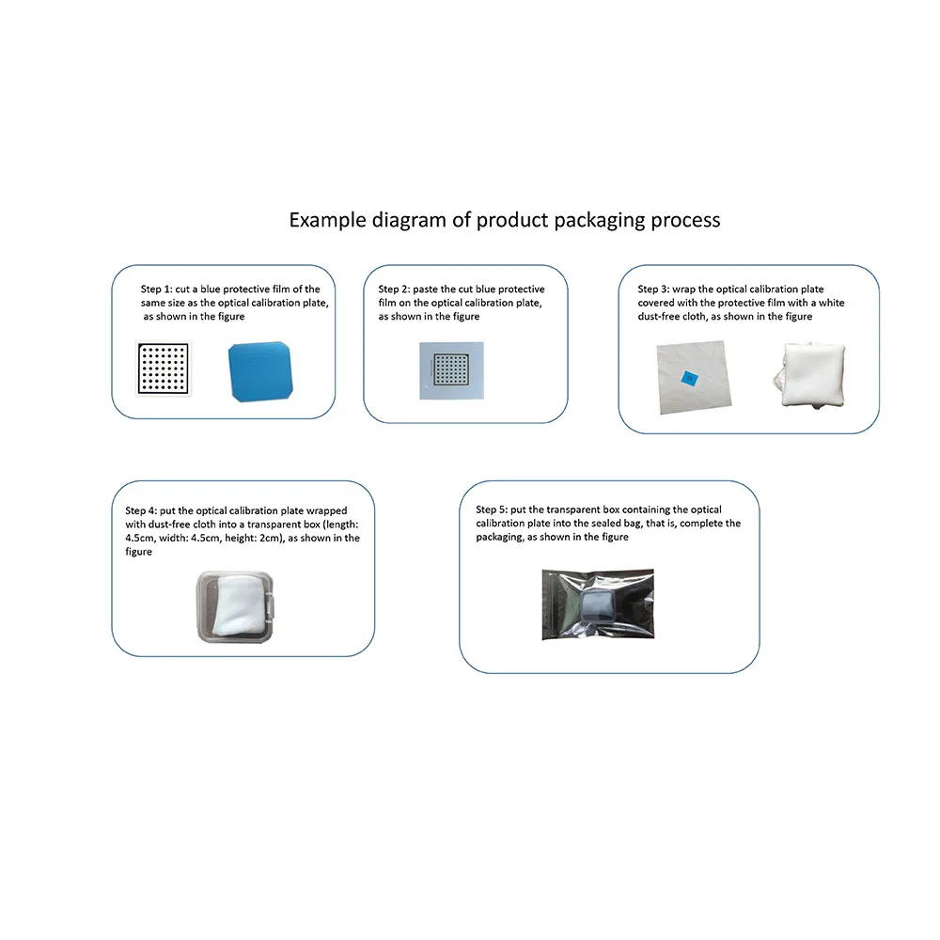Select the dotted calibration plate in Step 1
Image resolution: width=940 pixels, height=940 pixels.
pos(164,368)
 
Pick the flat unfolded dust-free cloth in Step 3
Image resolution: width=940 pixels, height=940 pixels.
pos(695,378)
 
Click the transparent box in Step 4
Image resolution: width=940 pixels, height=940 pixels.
pos(236,608)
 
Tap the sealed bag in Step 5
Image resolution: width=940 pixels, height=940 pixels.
pos(598,603)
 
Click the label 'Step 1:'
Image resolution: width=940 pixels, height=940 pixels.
pos(158,290)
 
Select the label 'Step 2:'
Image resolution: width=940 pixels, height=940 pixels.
pos(397,290)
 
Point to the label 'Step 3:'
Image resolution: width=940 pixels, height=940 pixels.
pos(656,290)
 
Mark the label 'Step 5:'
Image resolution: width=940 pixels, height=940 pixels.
pos(494,509)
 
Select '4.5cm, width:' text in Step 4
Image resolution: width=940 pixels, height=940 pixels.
pos(159,539)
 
